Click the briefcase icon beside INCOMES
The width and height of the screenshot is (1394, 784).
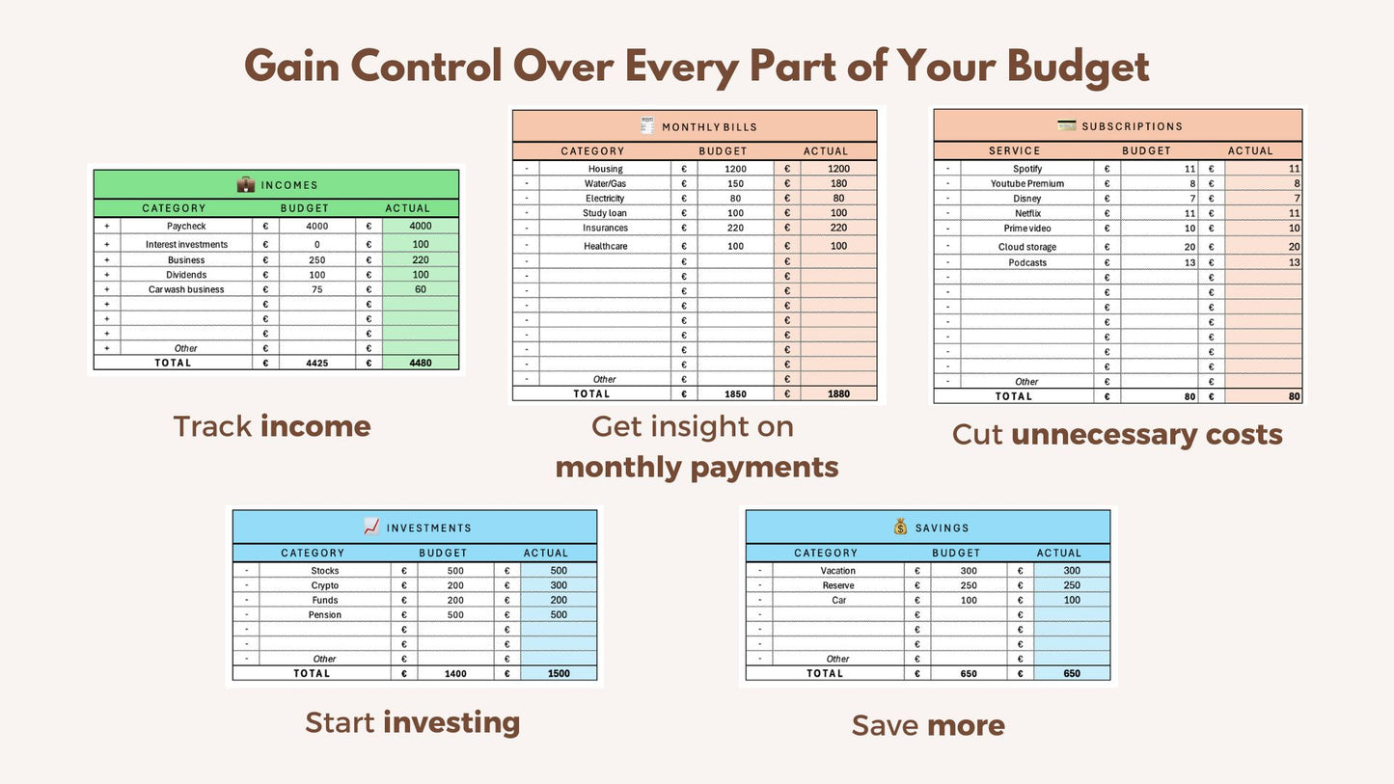click(x=246, y=184)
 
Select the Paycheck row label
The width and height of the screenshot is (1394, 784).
click(x=186, y=227)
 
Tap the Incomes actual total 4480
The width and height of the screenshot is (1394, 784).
click(x=420, y=363)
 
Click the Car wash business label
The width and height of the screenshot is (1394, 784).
click(x=186, y=289)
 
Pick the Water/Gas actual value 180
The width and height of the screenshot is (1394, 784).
click(x=838, y=183)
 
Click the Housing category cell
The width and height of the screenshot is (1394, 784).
click(x=605, y=169)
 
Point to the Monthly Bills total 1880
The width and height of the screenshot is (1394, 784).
click(x=838, y=393)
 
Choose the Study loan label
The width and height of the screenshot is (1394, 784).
click(x=605, y=213)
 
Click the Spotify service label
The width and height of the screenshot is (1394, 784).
click(x=1027, y=169)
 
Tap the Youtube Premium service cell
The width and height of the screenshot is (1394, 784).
click(x=1027, y=183)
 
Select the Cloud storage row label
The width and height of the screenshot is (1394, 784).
click(x=1027, y=247)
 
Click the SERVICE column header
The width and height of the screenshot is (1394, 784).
click(x=1015, y=150)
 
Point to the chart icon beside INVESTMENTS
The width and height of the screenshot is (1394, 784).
click(x=371, y=527)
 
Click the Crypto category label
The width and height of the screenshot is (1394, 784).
click(x=325, y=585)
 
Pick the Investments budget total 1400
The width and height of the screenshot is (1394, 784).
click(x=455, y=674)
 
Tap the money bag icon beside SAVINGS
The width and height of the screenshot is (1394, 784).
click(x=900, y=527)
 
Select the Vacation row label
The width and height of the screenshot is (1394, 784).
click(x=838, y=571)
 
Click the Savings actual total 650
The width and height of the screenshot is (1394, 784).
click(x=1072, y=674)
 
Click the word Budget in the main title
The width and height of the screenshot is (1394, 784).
click(x=1078, y=68)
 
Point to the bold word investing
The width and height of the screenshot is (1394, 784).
click(x=451, y=722)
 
